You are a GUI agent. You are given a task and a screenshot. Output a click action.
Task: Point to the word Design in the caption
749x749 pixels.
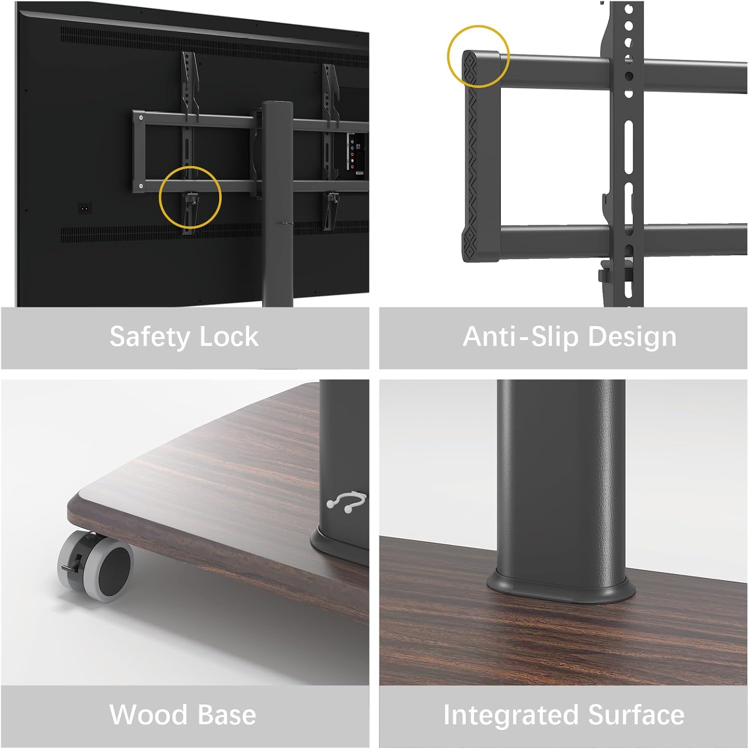click(x=632, y=338)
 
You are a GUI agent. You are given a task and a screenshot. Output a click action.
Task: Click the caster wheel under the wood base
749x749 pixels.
click(x=95, y=565)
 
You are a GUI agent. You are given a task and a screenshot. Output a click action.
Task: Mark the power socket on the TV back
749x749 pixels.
click(x=85, y=207)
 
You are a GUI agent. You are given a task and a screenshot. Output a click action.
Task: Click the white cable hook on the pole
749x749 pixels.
click(x=347, y=501)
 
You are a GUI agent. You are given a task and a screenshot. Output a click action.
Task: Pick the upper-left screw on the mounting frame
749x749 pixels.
click(x=141, y=118)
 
